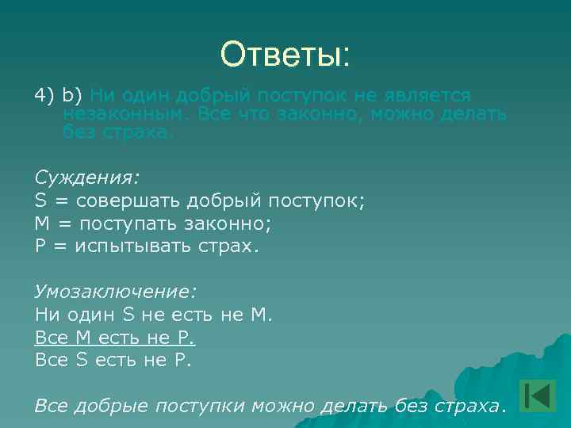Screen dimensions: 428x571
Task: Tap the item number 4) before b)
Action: tap(44, 97)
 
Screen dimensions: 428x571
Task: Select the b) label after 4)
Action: tap(73, 97)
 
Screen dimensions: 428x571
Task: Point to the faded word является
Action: tap(429, 97)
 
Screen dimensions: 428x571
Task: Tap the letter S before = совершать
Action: tap(41, 201)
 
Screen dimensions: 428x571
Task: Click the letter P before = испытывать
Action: tap(40, 246)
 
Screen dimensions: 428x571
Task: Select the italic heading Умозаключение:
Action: tap(116, 292)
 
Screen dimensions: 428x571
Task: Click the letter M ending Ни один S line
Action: tap(260, 315)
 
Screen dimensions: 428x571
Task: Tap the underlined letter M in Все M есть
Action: tap(82, 338)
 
